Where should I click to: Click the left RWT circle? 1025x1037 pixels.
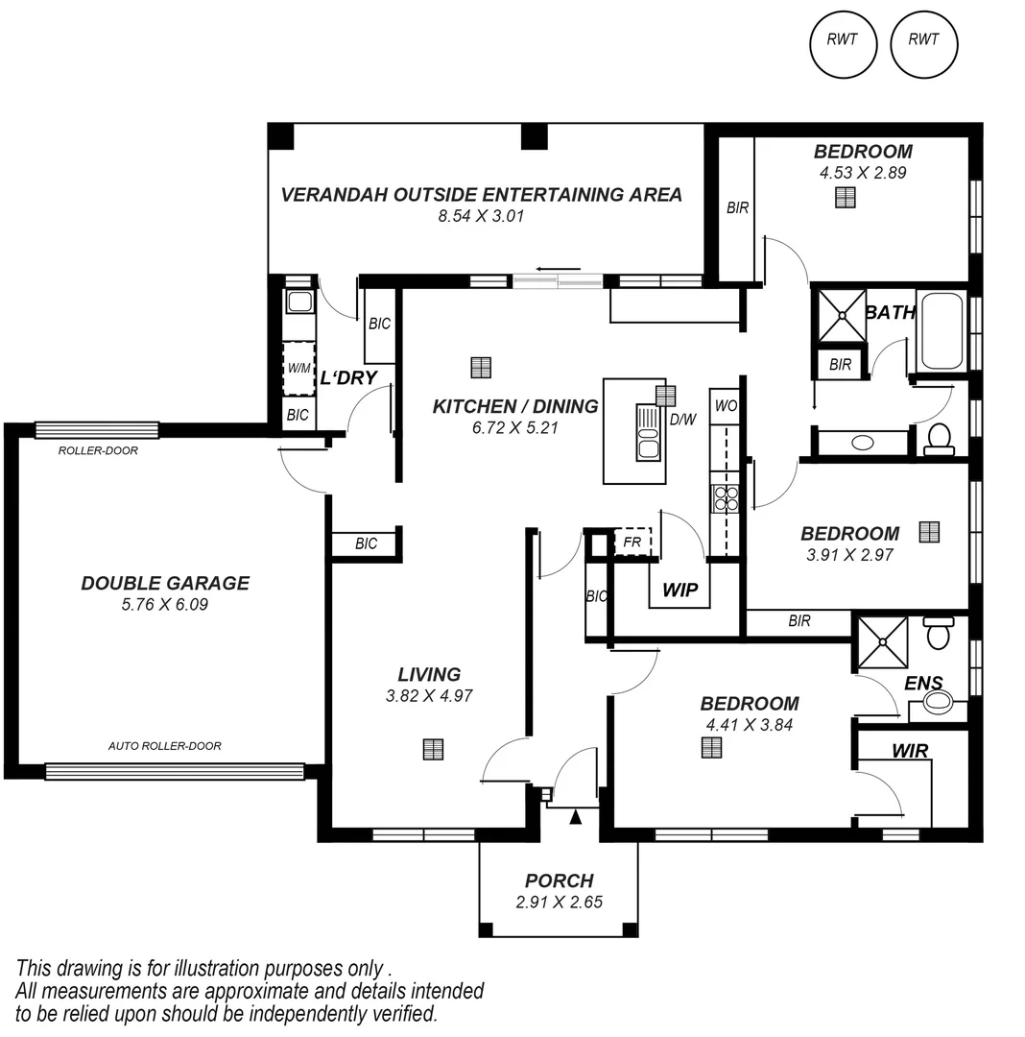pos(844,40)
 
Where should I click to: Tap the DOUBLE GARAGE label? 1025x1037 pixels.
pos(165,583)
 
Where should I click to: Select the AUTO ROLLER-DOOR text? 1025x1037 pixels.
pos(164,746)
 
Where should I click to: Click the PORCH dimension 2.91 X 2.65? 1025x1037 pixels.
pos(559,902)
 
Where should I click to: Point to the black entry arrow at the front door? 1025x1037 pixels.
pos(576,817)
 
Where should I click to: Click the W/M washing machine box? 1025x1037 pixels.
pos(298,368)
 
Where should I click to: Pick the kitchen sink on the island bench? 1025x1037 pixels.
pos(648,432)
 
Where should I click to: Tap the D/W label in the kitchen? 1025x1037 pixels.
pos(682,419)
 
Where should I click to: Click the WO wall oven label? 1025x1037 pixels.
pos(726,406)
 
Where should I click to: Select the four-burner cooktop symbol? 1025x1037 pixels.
pos(726,498)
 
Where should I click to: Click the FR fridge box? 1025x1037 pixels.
pos(632,543)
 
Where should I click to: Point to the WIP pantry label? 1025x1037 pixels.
pos(679,590)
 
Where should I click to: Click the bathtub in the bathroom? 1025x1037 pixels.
pos(942,331)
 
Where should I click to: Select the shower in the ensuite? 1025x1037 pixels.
pos(881,642)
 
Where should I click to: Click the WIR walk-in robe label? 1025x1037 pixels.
pos(910,751)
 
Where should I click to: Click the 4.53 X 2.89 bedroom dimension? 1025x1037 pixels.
pos(862,174)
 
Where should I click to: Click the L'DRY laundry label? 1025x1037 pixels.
pos(348,377)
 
